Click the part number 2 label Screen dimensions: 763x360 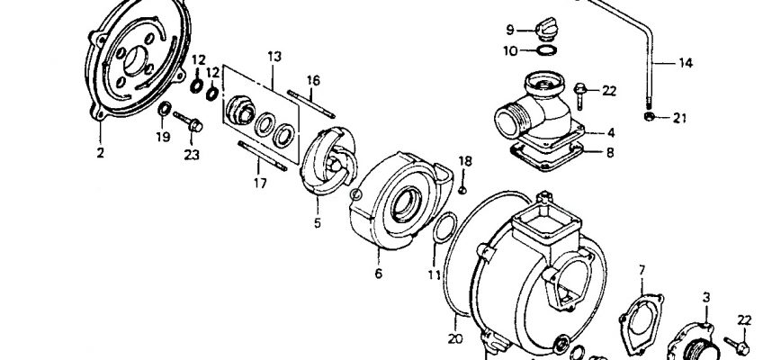click(x=100, y=153)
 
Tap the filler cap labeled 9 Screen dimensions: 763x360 click(x=547, y=29)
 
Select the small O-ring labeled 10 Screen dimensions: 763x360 click(x=547, y=49)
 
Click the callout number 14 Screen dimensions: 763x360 click(x=685, y=63)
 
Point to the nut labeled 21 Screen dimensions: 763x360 click(x=648, y=117)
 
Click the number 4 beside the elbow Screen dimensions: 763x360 click(x=611, y=132)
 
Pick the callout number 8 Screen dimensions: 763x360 click(x=610, y=153)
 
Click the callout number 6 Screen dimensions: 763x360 click(x=379, y=274)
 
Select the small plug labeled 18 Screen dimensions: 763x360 click(x=462, y=190)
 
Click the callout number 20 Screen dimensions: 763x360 click(x=455, y=338)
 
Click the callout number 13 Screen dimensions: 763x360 click(x=274, y=57)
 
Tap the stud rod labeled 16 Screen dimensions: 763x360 click(x=311, y=104)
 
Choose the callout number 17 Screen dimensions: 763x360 click(x=260, y=184)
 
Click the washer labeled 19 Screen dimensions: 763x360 click(x=165, y=109)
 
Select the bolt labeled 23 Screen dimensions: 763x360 click(x=188, y=121)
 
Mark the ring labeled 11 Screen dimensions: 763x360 click(x=444, y=228)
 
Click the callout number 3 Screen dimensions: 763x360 click(x=706, y=297)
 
